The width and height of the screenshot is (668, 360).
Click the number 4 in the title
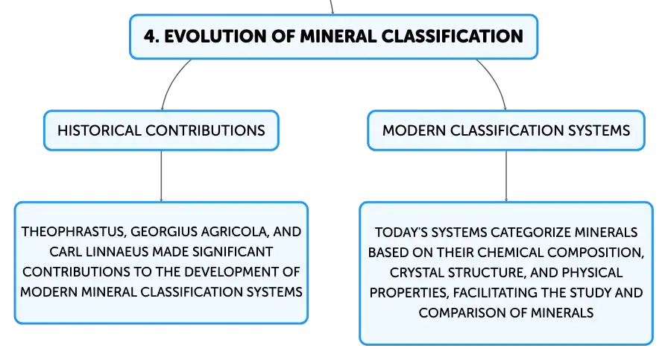[x=149, y=37]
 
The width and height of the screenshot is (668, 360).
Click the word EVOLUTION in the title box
[x=215, y=37]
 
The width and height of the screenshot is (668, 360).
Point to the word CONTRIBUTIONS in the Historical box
[x=205, y=130]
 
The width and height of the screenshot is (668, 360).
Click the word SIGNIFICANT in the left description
[x=233, y=252]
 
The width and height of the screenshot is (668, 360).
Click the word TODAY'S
[x=401, y=233]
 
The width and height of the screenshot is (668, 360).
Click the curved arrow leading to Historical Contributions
[x=171, y=81]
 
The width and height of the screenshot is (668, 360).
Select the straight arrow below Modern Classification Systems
[x=506, y=176]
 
